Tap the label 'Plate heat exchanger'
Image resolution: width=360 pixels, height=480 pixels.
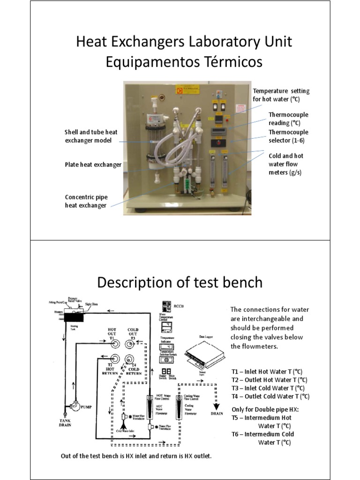[x=93, y=165]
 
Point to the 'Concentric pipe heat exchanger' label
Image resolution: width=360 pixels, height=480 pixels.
[x=86, y=201]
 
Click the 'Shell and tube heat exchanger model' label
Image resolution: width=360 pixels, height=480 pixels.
[x=91, y=136]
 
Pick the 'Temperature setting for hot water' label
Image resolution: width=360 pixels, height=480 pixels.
[x=281, y=95]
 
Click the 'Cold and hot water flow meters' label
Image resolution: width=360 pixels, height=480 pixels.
[x=286, y=164]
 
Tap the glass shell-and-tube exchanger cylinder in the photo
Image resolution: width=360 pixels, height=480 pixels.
[x=152, y=141]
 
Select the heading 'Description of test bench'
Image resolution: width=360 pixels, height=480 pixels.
[x=180, y=283]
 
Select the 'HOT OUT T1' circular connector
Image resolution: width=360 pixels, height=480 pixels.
[x=113, y=344]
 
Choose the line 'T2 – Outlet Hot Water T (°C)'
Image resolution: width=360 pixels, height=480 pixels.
[x=270, y=380]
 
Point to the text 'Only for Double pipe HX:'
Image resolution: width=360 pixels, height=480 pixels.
[x=265, y=409]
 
